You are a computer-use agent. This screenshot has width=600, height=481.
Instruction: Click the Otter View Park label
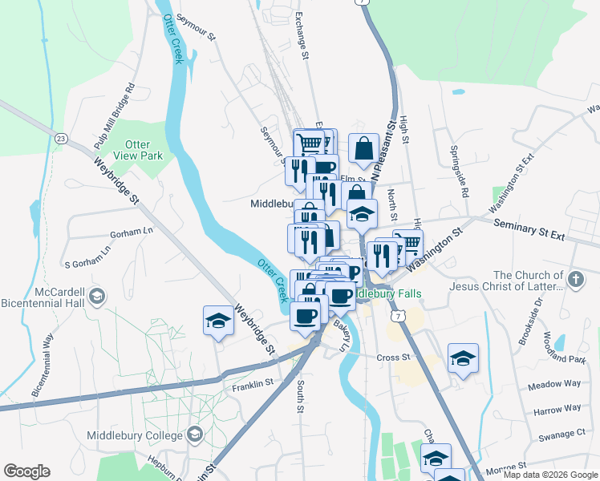(137, 150)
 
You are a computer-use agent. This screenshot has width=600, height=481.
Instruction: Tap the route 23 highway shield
(60, 139)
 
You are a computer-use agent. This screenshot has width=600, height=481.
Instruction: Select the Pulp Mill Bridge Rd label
(114, 116)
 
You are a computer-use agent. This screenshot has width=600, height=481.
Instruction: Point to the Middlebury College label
(134, 435)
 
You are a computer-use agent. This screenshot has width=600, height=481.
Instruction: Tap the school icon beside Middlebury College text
(194, 435)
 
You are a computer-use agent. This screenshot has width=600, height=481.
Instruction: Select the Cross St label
(394, 357)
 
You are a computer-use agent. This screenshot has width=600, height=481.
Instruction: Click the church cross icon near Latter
(574, 280)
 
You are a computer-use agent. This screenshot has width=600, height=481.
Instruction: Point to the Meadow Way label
(554, 384)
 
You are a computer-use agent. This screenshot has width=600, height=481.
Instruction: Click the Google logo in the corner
(26, 471)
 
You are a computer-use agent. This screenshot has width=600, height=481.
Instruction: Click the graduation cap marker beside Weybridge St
(218, 321)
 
